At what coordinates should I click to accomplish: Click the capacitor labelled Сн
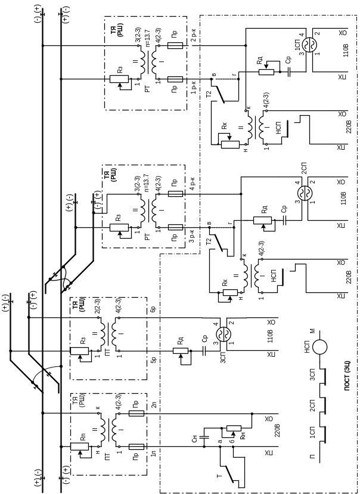204,438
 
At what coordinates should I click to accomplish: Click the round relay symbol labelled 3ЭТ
222,334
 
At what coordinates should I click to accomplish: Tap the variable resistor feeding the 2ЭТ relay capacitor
262,220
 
